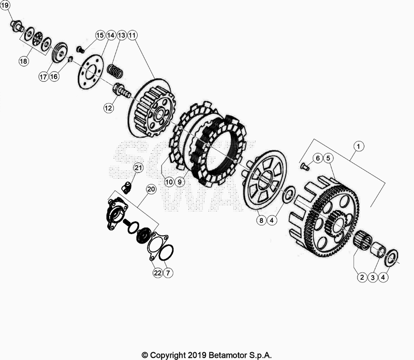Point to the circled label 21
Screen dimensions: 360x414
click(x=138, y=167)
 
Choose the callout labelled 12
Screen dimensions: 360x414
click(x=108, y=108)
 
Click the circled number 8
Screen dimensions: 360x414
click(x=262, y=220)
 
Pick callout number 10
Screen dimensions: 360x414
click(x=169, y=182)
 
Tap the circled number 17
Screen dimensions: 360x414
click(x=42, y=76)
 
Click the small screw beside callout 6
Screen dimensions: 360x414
click(x=305, y=166)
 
